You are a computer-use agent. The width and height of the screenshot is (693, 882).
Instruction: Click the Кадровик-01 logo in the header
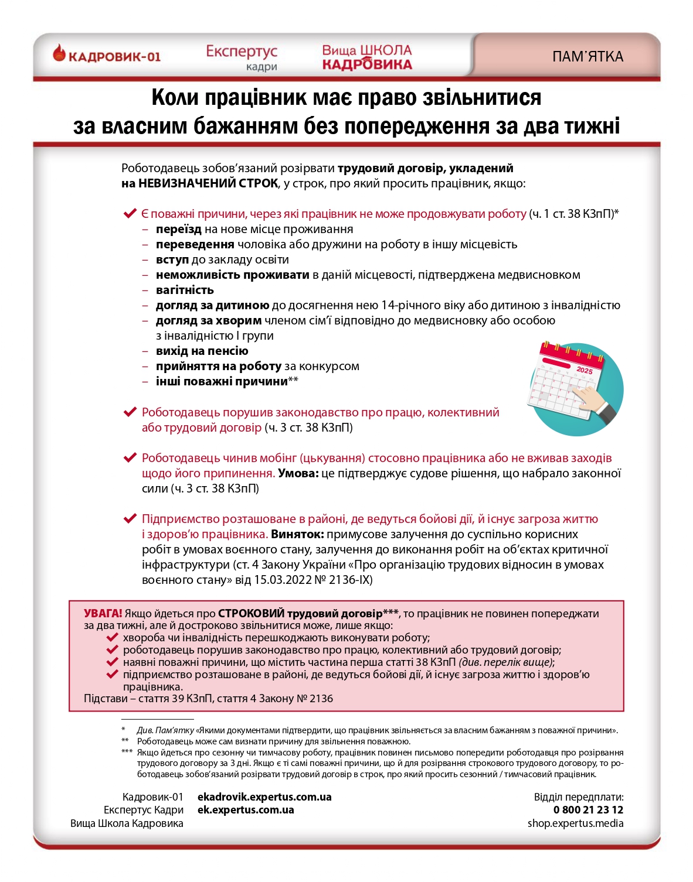[107, 56]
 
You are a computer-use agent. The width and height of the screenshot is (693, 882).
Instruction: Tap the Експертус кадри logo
[242, 57]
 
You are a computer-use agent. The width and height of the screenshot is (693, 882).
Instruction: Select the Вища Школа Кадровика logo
[367, 57]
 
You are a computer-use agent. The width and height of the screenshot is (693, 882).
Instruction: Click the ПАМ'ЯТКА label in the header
[587, 57]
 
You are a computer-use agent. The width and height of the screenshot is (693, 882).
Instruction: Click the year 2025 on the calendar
[585, 370]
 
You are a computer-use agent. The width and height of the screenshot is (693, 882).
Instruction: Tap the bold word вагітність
[185, 290]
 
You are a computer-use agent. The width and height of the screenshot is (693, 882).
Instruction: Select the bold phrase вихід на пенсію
[202, 351]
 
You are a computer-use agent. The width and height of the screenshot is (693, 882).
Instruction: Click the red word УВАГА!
[103, 613]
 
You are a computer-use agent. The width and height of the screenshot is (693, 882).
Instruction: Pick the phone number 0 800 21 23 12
[588, 810]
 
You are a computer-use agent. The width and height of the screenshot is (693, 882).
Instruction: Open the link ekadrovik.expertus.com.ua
[264, 797]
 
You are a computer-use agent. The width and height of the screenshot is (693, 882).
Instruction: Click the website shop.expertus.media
[575, 823]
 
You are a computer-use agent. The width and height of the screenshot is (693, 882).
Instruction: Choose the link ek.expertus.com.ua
[246, 810]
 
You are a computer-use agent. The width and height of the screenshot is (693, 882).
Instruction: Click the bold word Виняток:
[297, 534]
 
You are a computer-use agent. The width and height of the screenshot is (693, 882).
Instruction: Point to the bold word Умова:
[298, 473]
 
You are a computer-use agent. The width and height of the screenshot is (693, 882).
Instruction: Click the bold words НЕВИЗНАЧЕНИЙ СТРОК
[208, 183]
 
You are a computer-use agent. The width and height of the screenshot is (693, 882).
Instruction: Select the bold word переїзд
[178, 229]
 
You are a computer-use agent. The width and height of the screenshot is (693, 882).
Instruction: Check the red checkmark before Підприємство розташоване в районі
[130, 519]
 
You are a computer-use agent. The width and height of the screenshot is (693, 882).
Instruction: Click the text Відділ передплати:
[578, 797]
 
